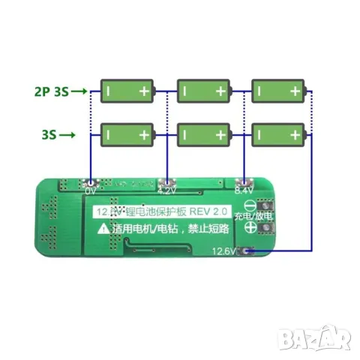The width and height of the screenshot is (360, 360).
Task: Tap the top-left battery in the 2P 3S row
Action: (127, 92)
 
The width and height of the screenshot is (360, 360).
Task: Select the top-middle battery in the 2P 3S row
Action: (202, 92)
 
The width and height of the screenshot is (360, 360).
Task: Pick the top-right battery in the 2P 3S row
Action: (277, 92)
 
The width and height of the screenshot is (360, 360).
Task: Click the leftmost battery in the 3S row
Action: (127, 136)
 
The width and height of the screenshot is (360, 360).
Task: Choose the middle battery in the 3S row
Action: (202, 136)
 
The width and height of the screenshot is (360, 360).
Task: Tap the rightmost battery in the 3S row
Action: (277, 136)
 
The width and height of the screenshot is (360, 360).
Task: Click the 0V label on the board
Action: (91, 191)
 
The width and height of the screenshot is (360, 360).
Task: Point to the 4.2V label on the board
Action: (167, 191)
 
